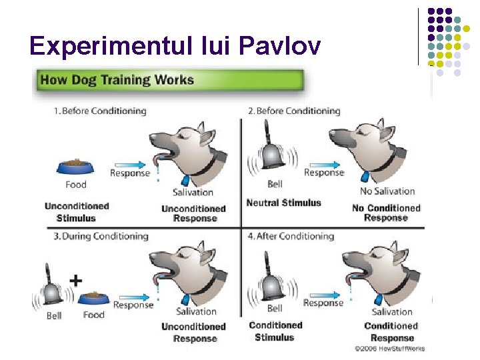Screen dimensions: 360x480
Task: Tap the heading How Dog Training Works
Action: tap(117, 81)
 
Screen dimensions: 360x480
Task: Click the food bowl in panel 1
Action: tap(76, 166)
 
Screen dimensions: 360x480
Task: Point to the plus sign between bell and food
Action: tap(76, 281)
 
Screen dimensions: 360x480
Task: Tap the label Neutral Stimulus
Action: tap(283, 203)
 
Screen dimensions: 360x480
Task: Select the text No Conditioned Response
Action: tap(386, 213)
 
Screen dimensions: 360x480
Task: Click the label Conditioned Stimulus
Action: tap(275, 331)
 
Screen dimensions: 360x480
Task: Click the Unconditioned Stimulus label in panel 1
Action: tap(76, 212)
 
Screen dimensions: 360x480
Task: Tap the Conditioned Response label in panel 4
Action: tap(391, 332)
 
